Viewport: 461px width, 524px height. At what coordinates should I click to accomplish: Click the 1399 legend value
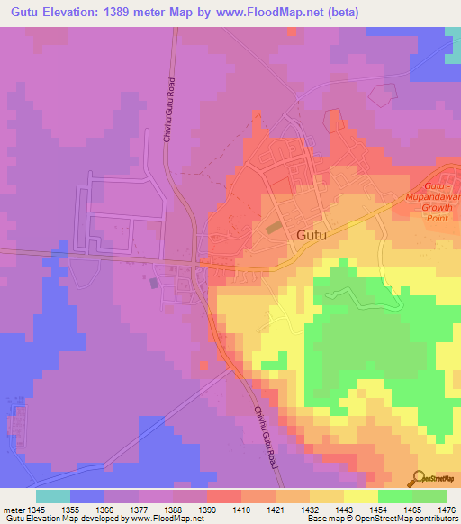pyautogui.click(x=206, y=509)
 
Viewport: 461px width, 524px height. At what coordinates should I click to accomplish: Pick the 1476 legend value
pyautogui.click(x=446, y=509)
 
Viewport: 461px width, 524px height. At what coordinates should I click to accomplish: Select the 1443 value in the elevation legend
pyautogui.click(x=343, y=509)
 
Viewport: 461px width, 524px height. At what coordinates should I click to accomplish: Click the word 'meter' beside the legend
pyautogui.click(x=12, y=509)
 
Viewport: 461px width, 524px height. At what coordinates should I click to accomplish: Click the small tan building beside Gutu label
pyautogui.click(x=272, y=228)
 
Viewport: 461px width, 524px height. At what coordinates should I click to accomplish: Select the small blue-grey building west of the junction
pyautogui.click(x=154, y=283)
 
